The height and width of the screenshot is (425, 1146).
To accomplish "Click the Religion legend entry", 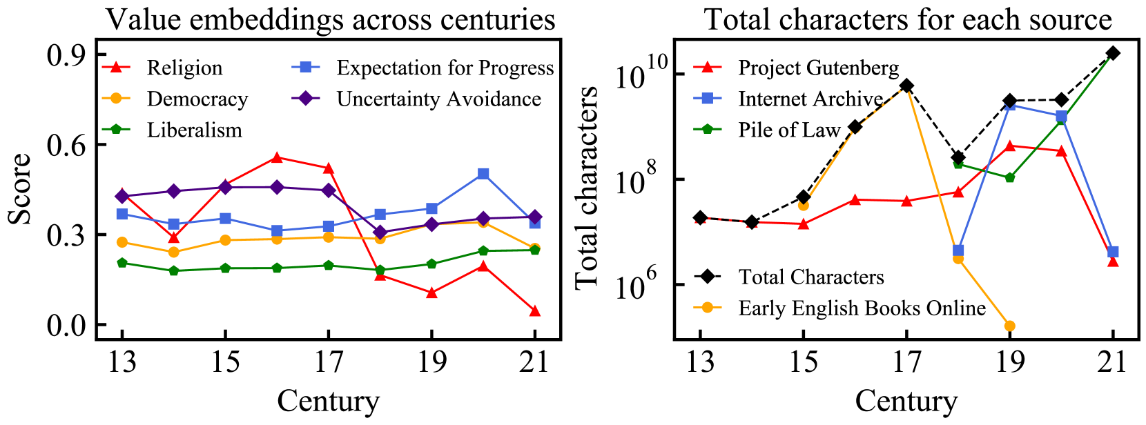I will click(x=184, y=68).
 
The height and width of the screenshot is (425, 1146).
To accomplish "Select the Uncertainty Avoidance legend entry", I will click(x=438, y=99).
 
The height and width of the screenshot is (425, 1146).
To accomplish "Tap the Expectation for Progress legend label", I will click(x=445, y=68).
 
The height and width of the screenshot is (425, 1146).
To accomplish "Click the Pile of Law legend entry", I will click(x=788, y=130).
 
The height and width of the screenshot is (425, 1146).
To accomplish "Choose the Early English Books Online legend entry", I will click(x=862, y=308).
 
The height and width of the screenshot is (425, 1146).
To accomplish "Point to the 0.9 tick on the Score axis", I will click(x=66, y=55).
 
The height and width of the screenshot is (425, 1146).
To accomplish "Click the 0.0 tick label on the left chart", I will click(x=66, y=325).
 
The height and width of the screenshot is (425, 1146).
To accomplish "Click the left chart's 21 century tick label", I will click(x=534, y=362).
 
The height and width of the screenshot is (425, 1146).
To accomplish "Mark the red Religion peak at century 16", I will click(x=277, y=157).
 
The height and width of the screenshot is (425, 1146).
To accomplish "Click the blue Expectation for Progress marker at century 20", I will click(x=483, y=174).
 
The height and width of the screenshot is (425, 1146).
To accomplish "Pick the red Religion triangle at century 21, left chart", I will click(x=534, y=311).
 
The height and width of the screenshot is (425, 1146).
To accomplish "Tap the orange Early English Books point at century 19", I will click(x=1009, y=326).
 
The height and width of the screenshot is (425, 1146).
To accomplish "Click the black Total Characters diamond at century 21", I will click(x=1113, y=53).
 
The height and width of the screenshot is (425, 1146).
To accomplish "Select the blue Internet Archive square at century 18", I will click(x=958, y=250).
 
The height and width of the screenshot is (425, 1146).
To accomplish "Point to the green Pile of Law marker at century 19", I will click(x=1009, y=177).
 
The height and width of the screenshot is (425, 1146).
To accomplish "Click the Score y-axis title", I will click(x=20, y=189).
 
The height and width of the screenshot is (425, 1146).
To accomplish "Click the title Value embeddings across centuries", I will click(x=330, y=19).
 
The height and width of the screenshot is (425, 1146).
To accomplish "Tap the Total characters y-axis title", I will click(x=585, y=188).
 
